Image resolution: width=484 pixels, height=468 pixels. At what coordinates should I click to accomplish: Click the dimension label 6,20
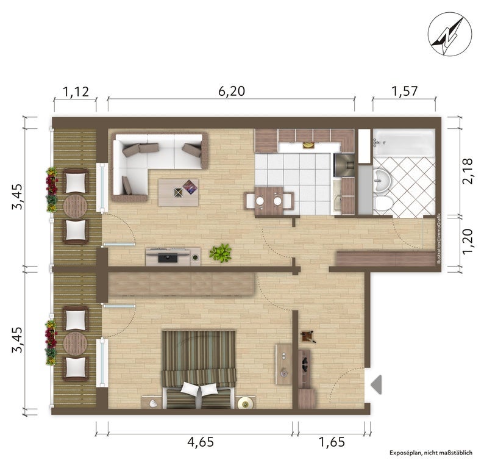[x=232, y=91]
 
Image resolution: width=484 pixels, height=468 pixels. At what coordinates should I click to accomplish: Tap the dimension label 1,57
[x=404, y=91]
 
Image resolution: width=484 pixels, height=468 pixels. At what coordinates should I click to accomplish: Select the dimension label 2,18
[x=468, y=171]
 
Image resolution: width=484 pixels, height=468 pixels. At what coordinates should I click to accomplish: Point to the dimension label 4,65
[x=201, y=442]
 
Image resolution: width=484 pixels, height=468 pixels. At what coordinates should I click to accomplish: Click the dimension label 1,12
[x=76, y=92]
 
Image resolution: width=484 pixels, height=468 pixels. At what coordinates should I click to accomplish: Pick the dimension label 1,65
[x=332, y=442]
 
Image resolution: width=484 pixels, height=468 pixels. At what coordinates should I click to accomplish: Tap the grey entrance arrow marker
[x=377, y=384]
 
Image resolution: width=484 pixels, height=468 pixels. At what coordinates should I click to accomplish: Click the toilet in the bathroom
[x=383, y=204]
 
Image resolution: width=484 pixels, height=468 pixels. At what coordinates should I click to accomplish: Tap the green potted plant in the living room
[x=221, y=253]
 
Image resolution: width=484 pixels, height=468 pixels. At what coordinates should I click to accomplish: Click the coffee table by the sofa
[x=179, y=192]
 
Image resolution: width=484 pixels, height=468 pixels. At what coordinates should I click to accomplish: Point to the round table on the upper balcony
[x=75, y=206]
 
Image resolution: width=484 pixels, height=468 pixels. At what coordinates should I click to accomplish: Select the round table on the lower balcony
[x=75, y=344]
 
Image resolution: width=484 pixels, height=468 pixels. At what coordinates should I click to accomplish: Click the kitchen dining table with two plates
[x=269, y=201]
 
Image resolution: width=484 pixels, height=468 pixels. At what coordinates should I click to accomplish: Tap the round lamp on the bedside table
[x=246, y=403]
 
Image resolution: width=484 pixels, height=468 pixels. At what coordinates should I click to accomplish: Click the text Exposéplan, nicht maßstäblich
[x=430, y=453]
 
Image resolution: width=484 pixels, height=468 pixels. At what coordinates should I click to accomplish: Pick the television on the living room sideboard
[x=168, y=258]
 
